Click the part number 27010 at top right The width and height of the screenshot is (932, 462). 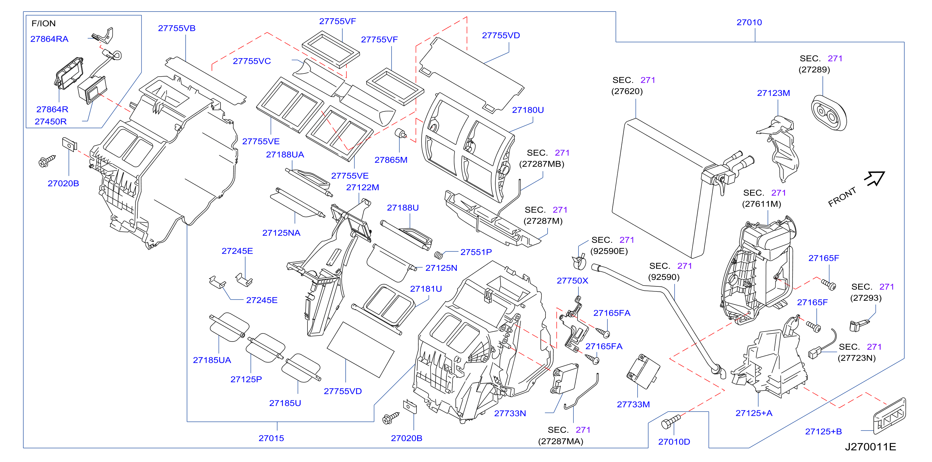pyautogui.click(x=749, y=22)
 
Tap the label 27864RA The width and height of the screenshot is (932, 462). pyautogui.click(x=49, y=39)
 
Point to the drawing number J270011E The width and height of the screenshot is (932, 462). pyautogui.click(x=871, y=447)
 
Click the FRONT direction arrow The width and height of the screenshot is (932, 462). pyautogui.click(x=874, y=178)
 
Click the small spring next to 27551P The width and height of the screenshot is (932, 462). pyautogui.click(x=439, y=255)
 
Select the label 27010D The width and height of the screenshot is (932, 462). pyautogui.click(x=674, y=442)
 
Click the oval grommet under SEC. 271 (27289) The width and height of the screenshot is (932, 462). pyautogui.click(x=829, y=113)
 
